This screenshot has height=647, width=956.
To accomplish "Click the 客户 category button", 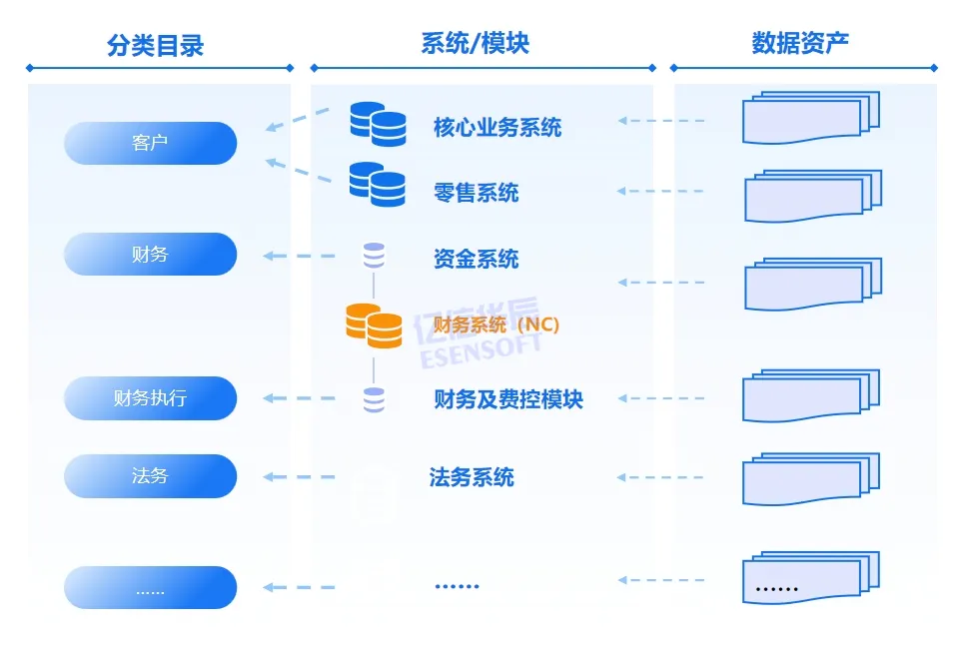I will pos(150,143).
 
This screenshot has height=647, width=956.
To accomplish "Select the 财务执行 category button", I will pos(150,398).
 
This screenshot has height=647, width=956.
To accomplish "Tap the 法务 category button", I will pos(150,476).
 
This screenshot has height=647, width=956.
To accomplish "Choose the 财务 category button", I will pos(150,255).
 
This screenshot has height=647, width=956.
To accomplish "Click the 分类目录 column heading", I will pos(155,45).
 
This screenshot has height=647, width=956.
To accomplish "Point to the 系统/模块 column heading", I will pos(476,43).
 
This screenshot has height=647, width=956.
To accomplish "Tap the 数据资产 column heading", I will pos(801,43).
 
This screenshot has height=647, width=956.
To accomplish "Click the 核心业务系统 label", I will pos(497,127).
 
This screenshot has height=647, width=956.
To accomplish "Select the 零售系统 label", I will pos(477,192).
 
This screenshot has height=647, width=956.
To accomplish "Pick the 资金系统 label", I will pos(477,260).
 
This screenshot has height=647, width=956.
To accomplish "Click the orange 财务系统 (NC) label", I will pos(496,324).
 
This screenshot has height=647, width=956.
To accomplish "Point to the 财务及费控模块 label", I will pos(508,399).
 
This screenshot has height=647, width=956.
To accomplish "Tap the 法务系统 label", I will pos(472,476).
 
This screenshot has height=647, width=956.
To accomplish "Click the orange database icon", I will pos(374,325).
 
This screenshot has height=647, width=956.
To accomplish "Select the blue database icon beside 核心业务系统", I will pos(378,124).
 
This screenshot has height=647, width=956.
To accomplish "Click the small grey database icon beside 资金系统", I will pos(374,255).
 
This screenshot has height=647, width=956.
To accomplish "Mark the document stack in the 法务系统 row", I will pos(810,480).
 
